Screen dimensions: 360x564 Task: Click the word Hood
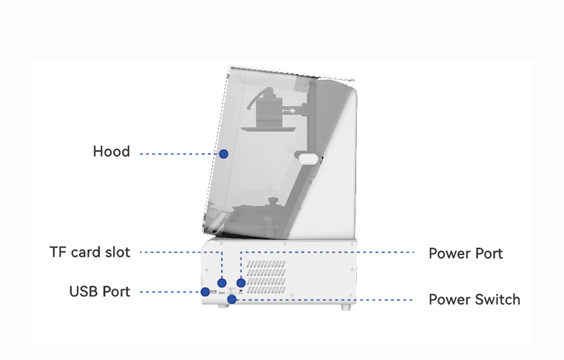(111, 152)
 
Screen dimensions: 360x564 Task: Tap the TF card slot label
(90, 252)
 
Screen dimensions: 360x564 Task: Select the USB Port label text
(100, 291)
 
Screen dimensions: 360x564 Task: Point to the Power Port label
(465, 254)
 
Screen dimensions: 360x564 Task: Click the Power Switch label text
(474, 299)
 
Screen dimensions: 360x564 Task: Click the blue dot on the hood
(224, 153)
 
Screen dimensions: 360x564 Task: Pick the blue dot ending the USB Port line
(205, 292)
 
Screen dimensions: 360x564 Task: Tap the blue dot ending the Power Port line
(241, 282)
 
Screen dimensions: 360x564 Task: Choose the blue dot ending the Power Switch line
(232, 299)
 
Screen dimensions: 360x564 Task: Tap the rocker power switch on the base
(232, 291)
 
